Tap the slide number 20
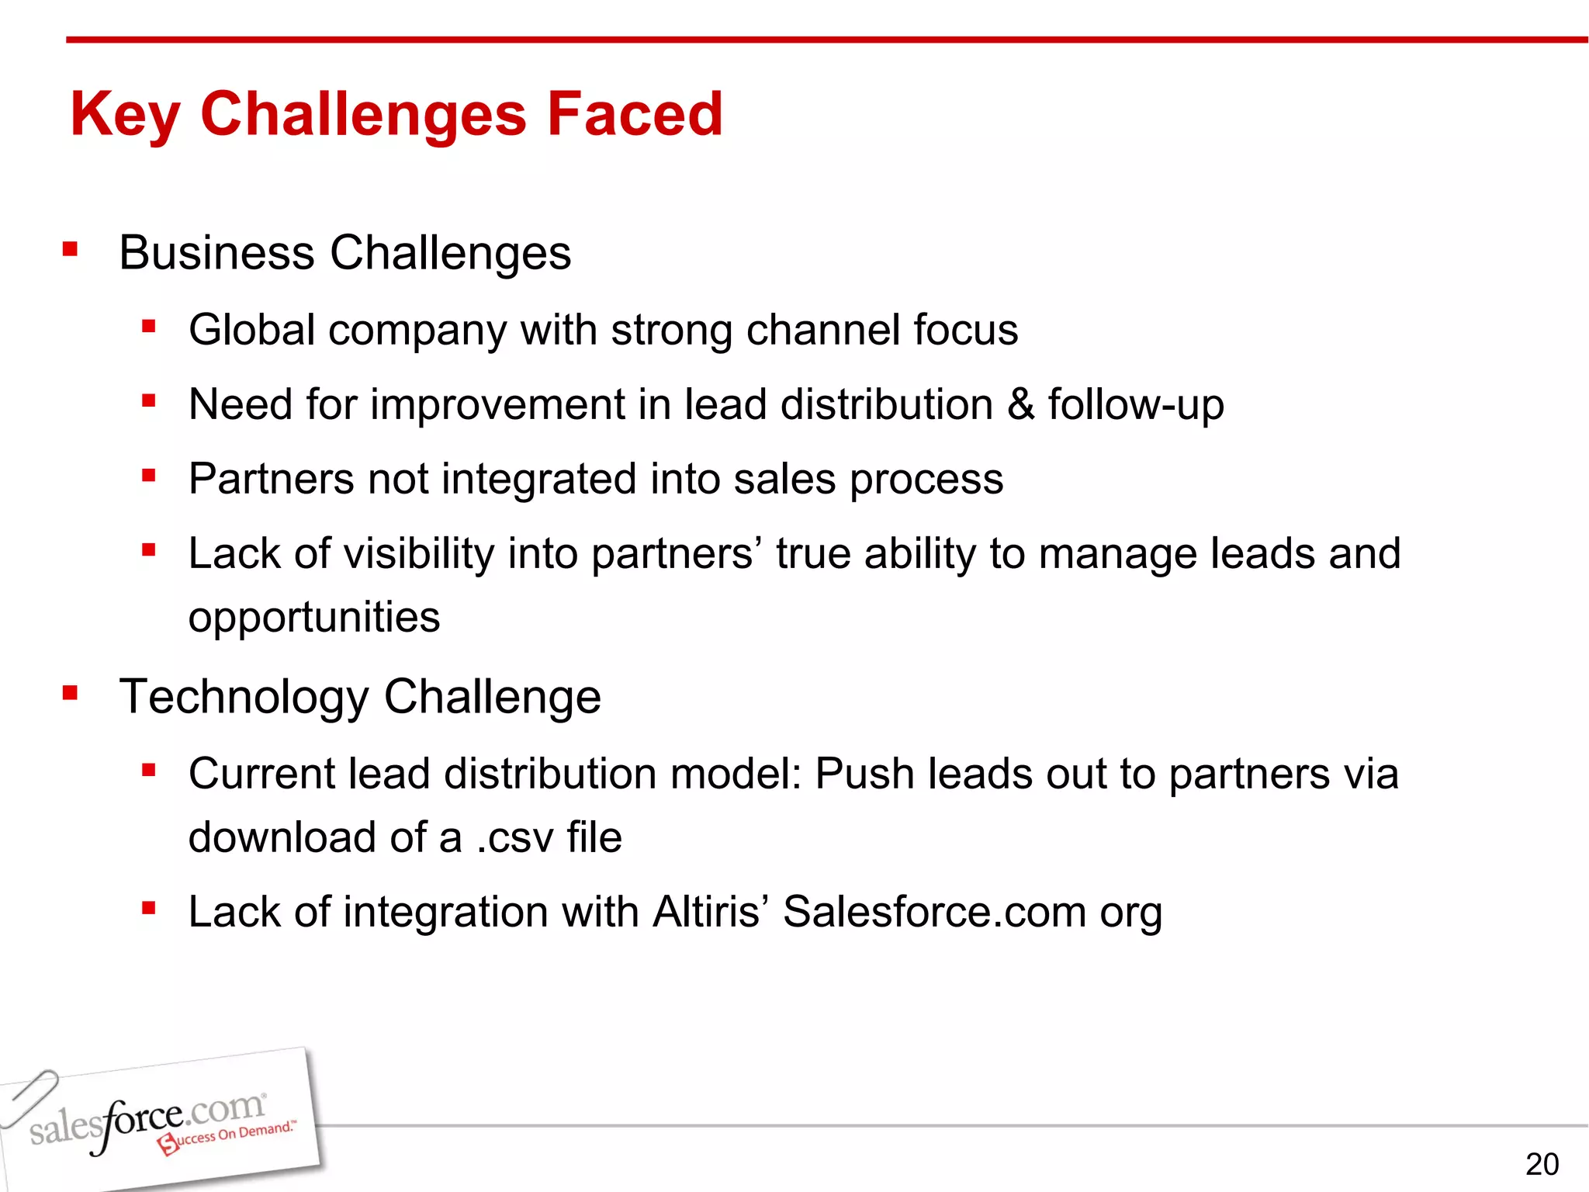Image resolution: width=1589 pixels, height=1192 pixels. [x=1541, y=1164]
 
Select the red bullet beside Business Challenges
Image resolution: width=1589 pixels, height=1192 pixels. [x=71, y=250]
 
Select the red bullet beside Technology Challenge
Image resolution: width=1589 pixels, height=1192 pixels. [x=71, y=692]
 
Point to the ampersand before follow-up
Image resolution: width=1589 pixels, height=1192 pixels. [x=1021, y=404]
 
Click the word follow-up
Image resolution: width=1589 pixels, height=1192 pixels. [x=1136, y=404]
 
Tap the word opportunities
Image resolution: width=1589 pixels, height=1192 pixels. [x=314, y=618]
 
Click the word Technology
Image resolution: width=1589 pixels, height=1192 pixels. [x=244, y=697]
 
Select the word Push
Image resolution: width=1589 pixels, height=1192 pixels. [x=864, y=774]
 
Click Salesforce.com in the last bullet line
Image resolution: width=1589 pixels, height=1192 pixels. [x=934, y=911]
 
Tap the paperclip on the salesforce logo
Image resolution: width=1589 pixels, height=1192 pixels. [x=29, y=1096]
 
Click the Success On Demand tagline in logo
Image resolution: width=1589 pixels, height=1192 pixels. [x=227, y=1137]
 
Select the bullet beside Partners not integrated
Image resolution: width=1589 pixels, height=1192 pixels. [x=149, y=475]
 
